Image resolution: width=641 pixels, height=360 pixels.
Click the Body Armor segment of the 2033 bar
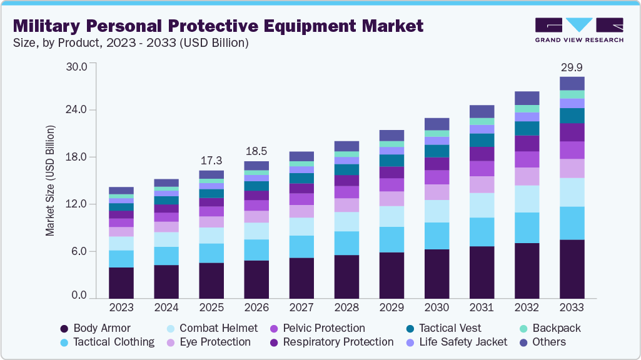point(572,269)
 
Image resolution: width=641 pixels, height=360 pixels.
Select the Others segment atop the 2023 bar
point(121,191)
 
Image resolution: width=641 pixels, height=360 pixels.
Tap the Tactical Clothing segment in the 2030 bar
point(437,236)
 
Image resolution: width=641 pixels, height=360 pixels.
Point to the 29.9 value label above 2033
point(572,67)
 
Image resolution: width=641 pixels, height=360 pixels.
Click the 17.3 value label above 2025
point(211,161)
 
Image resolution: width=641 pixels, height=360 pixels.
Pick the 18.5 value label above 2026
point(256,151)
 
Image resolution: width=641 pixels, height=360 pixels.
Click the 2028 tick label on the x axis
point(346,307)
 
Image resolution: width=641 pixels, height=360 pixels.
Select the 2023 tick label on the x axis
point(121,307)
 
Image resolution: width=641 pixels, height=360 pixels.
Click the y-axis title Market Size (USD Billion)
point(50,181)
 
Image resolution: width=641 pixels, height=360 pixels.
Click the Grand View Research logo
point(578,29)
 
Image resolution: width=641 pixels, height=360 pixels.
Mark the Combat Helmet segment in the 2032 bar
point(527,199)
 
